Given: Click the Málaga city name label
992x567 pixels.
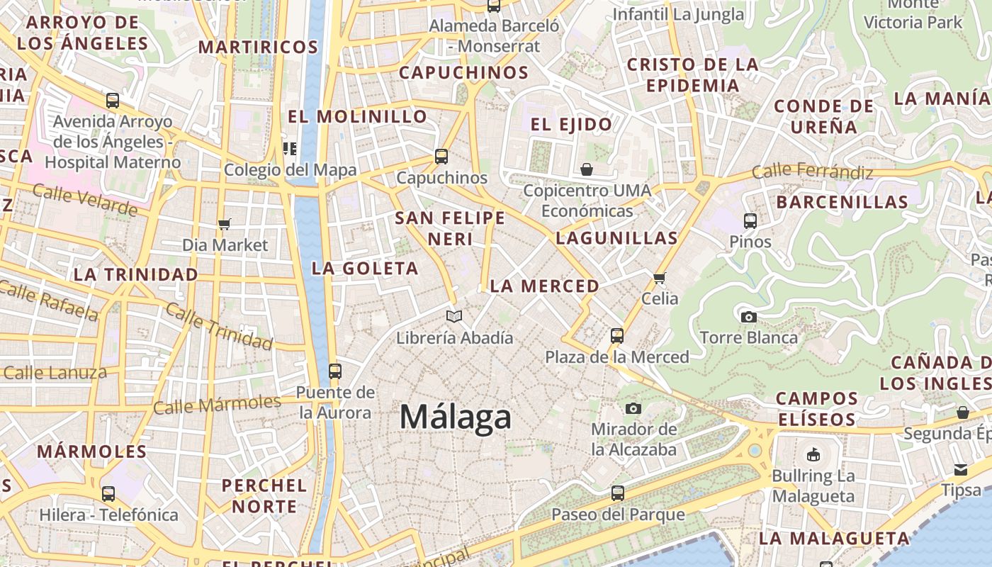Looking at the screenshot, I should click(x=455, y=417).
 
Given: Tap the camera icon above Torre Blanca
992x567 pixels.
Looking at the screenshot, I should click(x=749, y=317).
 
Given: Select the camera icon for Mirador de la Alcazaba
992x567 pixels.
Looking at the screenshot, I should click(x=633, y=408).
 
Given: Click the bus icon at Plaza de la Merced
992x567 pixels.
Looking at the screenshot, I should click(x=617, y=336).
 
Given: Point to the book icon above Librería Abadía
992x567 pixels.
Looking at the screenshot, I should click(x=454, y=316).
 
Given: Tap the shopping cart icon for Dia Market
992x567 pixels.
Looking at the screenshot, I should click(x=225, y=225).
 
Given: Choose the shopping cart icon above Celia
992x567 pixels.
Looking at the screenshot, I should click(x=660, y=278).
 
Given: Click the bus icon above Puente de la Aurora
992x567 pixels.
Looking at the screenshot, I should click(x=335, y=371).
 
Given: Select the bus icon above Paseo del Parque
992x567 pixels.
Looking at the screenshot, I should click(x=618, y=493).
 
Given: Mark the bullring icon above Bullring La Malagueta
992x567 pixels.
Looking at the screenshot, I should click(x=813, y=454).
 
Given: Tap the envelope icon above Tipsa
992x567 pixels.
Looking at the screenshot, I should click(x=961, y=469).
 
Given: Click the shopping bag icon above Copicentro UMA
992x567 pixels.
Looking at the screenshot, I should click(x=587, y=169).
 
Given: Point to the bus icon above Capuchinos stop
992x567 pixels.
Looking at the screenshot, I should click(x=441, y=157).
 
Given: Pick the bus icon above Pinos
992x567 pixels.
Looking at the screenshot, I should click(x=750, y=221).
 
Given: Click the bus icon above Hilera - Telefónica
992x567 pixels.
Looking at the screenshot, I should click(x=108, y=494).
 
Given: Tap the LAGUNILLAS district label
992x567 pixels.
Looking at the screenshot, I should click(x=616, y=238).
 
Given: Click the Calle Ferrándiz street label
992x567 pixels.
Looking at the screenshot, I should click(x=812, y=171).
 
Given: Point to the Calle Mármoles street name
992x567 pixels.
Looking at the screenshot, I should click(x=217, y=405).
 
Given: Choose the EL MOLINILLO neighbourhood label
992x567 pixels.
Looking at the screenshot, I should click(x=358, y=116).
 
